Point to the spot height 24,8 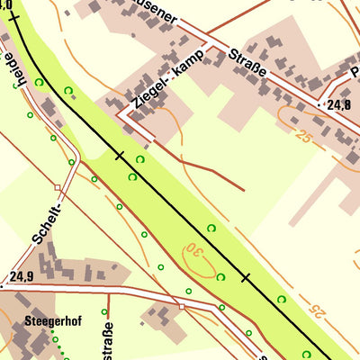[338, 105]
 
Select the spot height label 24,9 [22, 277]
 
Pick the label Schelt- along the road [46, 223]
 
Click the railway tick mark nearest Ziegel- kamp [119, 156]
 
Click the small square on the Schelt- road [58, 188]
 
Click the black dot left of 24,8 [322, 105]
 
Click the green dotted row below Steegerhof [59, 346]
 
